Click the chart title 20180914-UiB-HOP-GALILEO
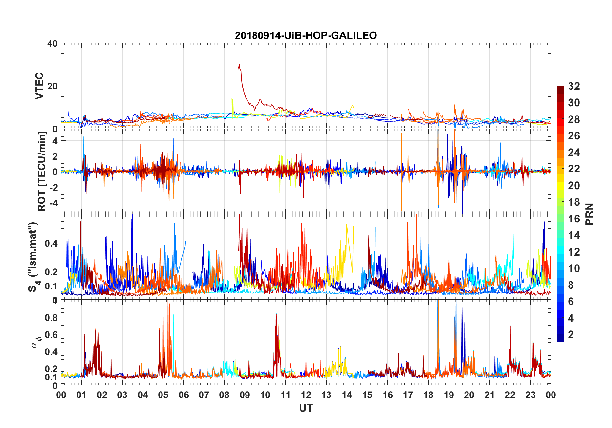coord(306,35)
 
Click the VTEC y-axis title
coord(39,86)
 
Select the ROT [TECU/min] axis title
coord(42,172)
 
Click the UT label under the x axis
coord(306,408)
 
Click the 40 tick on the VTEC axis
coord(52,43)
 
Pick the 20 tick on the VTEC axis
coord(52,86)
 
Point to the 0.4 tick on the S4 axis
coord(51,243)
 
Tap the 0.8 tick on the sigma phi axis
coord(51,317)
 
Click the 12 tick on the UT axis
coord(306,395)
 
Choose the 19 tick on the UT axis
coord(449,395)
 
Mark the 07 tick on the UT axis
coord(204,395)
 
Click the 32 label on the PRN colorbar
coord(574,86)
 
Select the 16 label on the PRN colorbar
coord(574,219)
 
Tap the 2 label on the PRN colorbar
coord(571,335)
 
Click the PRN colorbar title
coord(589,214)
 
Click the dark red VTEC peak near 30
coord(239,65)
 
